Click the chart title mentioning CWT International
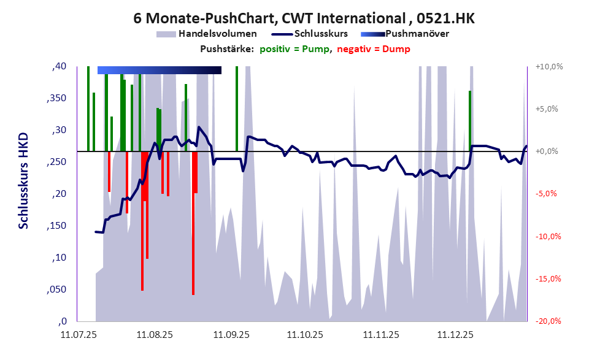pyautogui.click(x=304, y=18)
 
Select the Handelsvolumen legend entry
pyautogui.click(x=217, y=34)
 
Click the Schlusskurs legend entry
pyautogui.click(x=321, y=34)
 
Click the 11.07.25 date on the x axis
pyautogui.click(x=78, y=335)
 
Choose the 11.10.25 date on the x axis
pyautogui.click(x=306, y=335)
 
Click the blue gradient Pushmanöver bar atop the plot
pyautogui.click(x=159, y=70)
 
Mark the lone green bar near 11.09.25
pyautogui.click(x=237, y=108)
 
